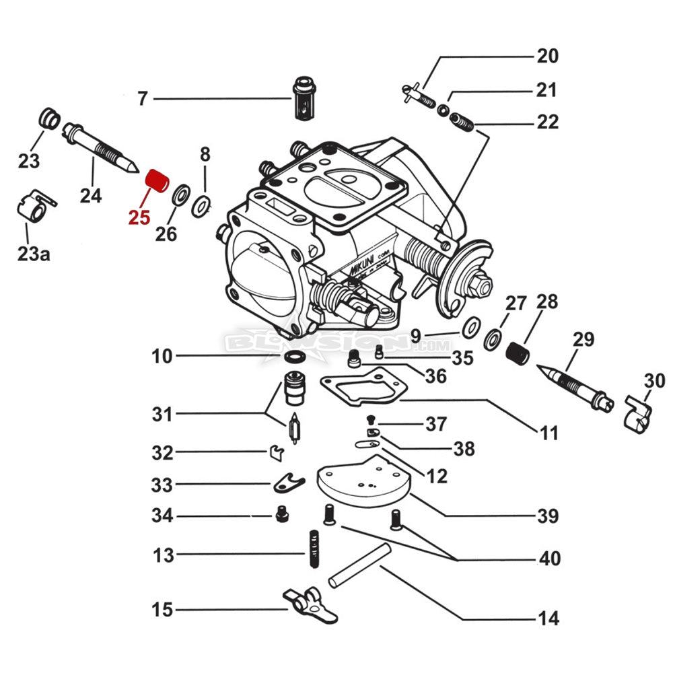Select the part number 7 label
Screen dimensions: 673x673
[141, 99]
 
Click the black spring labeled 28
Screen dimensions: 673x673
[518, 351]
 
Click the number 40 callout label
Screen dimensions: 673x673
[548, 559]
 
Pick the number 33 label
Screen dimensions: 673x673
[162, 485]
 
